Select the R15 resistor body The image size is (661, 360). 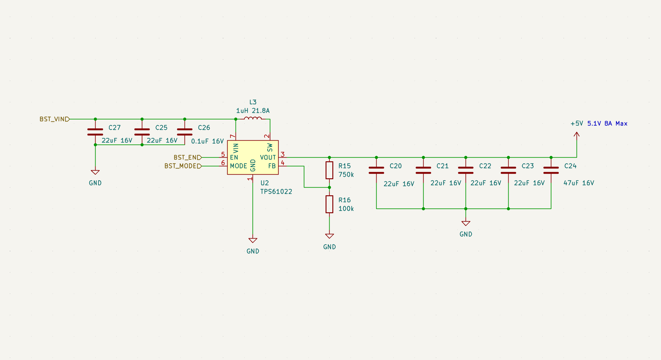click(329, 170)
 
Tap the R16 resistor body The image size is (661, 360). click(329, 204)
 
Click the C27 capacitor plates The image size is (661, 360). click(95, 132)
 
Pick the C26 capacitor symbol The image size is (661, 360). click(185, 132)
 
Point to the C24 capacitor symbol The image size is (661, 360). click(551, 170)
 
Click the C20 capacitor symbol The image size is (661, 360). click(376, 170)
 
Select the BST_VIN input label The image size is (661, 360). click(54, 119)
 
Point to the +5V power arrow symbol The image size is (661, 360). click(577, 135)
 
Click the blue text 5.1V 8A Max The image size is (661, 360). click(607, 124)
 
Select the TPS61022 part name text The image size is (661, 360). click(276, 192)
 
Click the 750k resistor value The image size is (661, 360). click(346, 175)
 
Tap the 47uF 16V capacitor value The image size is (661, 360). click(578, 183)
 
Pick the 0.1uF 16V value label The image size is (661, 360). click(207, 141)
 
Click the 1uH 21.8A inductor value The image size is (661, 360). click(253, 111)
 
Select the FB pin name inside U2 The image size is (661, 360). click(272, 166)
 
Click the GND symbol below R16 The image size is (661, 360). click(330, 236)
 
